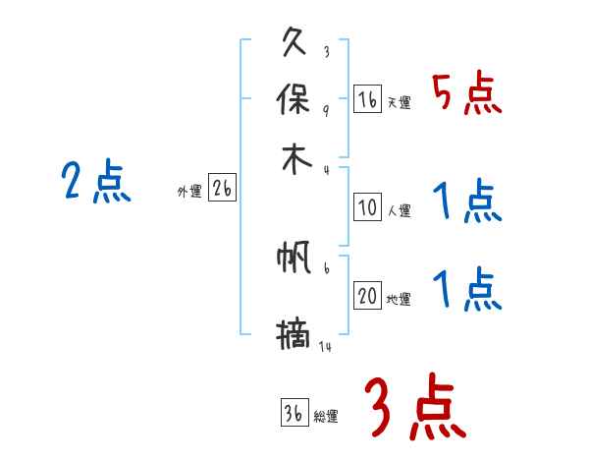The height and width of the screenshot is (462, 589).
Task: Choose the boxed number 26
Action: pos(223,190)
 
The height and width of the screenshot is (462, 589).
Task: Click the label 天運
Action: pos(399,102)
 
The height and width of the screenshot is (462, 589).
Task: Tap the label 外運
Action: pos(189,193)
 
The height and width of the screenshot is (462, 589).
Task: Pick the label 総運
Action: pos(326,416)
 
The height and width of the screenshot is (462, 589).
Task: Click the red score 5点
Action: pos(466,95)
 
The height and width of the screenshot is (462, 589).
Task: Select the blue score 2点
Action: pos(95,182)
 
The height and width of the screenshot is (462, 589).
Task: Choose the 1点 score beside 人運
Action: pos(466,203)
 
